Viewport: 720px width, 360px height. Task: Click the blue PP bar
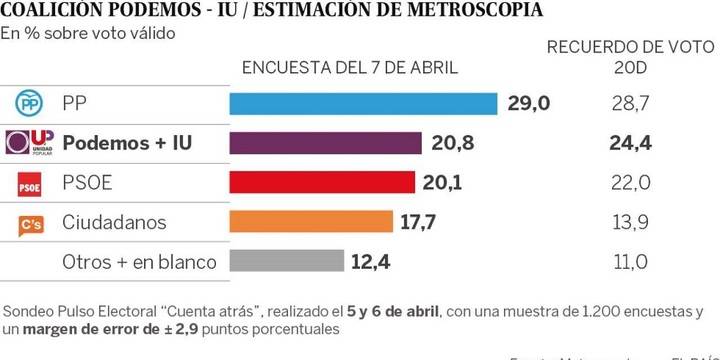click(364, 103)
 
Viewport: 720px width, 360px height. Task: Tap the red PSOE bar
click(322, 182)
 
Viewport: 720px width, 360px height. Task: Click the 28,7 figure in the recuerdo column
click(630, 103)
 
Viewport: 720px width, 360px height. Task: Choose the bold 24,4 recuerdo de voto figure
click(630, 143)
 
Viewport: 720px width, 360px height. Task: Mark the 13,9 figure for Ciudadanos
click(630, 222)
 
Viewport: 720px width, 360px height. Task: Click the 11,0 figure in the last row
click(630, 262)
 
